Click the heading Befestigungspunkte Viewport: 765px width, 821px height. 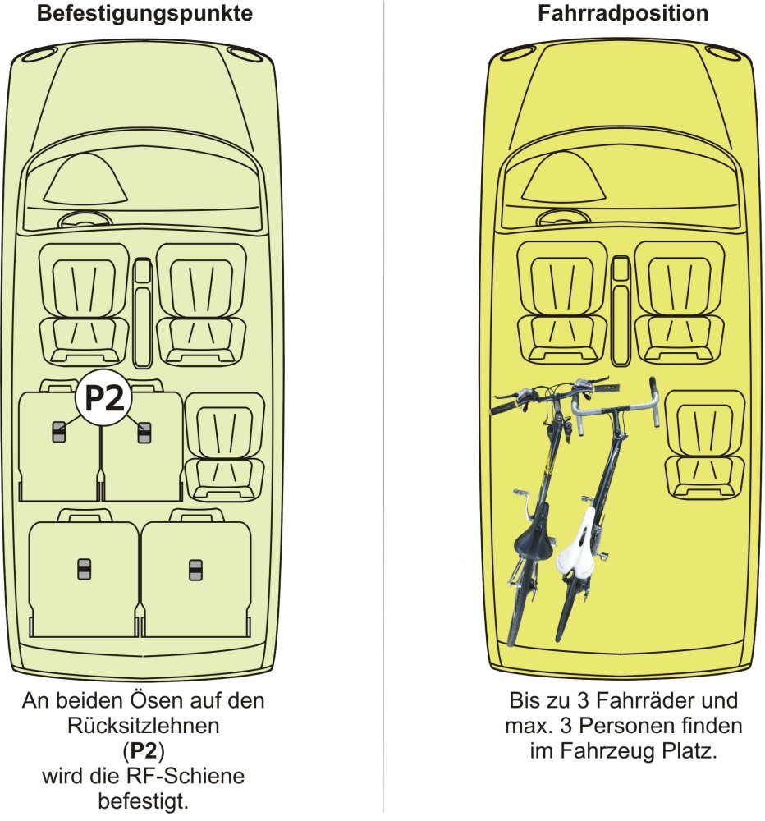143,14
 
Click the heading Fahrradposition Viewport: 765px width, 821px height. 623,14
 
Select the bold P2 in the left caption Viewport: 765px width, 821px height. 143,751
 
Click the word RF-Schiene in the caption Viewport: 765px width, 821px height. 200,776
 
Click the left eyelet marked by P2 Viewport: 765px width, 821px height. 59,431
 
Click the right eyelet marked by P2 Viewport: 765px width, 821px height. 144,431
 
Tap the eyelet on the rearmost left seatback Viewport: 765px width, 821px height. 84,568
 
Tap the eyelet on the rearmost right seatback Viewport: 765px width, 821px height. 195,568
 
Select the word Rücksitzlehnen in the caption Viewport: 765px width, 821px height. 143,727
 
